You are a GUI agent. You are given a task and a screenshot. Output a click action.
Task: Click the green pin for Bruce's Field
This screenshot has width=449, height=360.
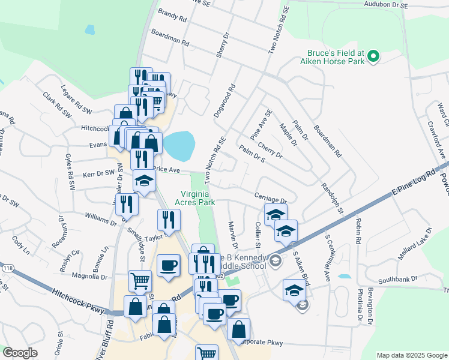[373, 57]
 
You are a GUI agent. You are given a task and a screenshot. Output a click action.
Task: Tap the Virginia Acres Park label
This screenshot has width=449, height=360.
[202, 198]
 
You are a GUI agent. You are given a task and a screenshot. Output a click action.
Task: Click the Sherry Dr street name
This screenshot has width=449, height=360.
[223, 46]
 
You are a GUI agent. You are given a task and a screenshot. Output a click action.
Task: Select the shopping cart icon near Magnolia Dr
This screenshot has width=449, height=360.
[139, 279]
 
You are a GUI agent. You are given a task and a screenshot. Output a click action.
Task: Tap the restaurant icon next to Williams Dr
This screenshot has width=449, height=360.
[127, 204]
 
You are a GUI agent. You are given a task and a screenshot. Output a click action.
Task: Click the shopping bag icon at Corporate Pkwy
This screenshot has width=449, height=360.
[239, 328]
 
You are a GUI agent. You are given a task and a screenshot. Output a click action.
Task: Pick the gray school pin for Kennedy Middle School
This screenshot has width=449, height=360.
[275, 260]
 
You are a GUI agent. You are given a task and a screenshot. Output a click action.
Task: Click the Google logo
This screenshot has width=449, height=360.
[20, 353]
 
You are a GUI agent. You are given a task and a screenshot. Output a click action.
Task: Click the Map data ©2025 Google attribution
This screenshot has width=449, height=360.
[411, 355]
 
